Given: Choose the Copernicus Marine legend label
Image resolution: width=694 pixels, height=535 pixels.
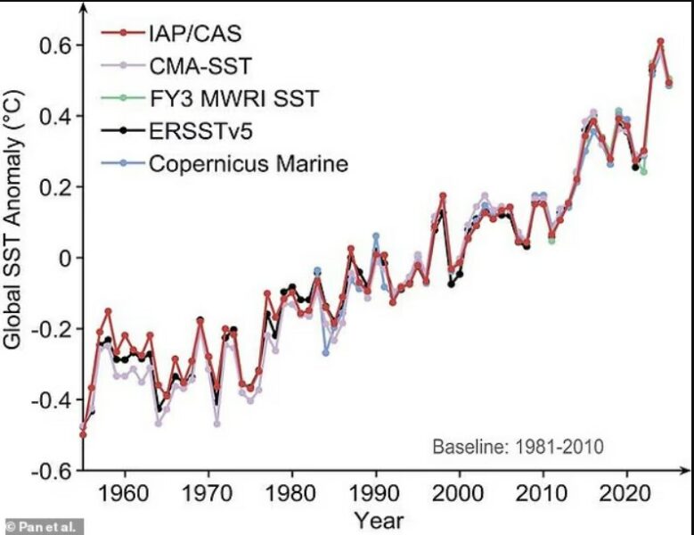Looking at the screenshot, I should point(248,163).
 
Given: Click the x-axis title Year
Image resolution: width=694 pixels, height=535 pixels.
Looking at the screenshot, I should point(378,519).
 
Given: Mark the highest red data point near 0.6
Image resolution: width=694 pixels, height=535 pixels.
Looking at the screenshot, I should point(660,41).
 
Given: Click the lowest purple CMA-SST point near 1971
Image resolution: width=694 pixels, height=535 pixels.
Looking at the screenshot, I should point(216,423).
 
